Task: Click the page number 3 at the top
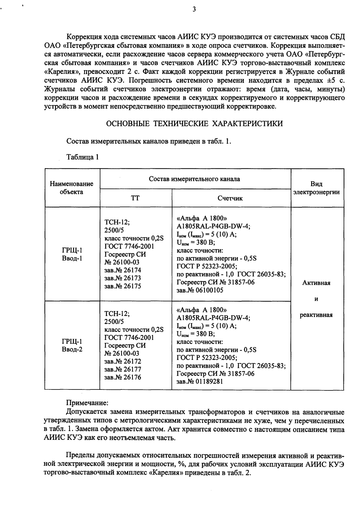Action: pos(194,10)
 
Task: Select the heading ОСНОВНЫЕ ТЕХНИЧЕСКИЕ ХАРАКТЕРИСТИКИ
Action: pos(194,124)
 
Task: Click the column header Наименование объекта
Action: pos(72,188)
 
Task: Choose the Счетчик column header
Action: pos(230,198)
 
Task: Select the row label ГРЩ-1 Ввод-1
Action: pos(72,255)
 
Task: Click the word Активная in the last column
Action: pos(316,283)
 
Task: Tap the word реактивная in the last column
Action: pos(316,315)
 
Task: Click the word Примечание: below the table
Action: pos(87,403)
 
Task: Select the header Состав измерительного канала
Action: pos(195,179)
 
